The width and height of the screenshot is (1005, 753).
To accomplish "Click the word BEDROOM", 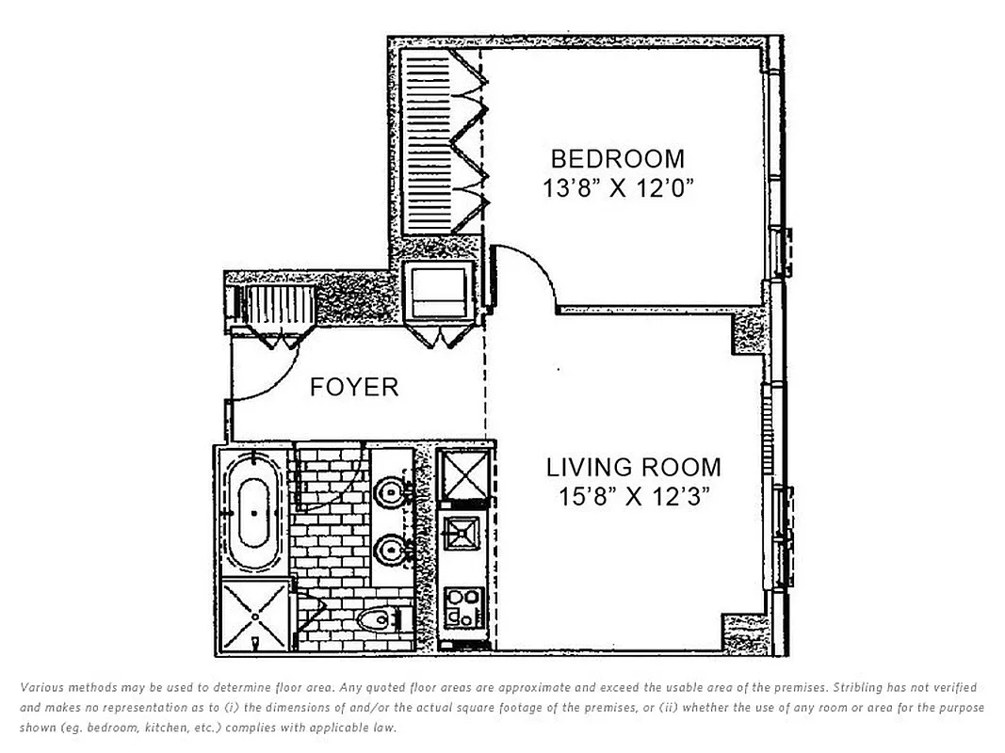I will coord(617,158).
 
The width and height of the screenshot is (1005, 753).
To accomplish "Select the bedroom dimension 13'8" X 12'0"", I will coord(617,188).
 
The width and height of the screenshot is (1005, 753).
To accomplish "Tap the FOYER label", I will coord(354,387).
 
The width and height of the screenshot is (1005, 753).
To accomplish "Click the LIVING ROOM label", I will coord(634,467).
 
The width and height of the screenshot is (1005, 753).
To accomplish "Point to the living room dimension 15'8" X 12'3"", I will coord(634,497).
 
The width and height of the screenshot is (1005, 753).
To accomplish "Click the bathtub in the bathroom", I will coord(253,513).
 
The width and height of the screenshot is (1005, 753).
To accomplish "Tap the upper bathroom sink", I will coord(389,489).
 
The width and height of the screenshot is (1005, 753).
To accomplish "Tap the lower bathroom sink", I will coord(389,549).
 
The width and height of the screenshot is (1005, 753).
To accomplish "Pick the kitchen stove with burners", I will coord(462,606).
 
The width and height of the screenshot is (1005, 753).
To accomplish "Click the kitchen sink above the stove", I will coord(462,535).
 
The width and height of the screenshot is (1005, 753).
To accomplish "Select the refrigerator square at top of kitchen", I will coord(462,477).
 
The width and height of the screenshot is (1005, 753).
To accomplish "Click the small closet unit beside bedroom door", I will coord(435,296).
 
